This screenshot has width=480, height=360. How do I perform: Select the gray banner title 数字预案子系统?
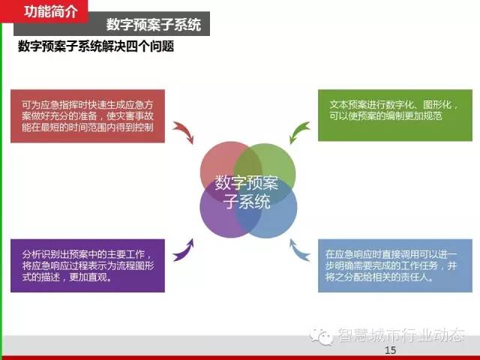coord(154,25)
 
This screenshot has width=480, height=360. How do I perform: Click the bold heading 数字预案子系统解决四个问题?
coord(96,46)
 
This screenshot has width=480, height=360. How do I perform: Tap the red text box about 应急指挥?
coord(88,116)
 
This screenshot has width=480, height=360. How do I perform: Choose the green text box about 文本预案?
coord(395,115)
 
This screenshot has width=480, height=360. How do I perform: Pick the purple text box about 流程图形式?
coord(88,265)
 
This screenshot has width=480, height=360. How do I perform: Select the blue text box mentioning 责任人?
coord(395,265)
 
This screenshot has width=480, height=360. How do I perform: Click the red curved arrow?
coord(185,130)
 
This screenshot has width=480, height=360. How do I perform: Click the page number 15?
coord(390,350)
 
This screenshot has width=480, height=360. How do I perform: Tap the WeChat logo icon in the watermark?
coord(321,335)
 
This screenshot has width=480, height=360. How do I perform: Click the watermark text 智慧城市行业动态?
coord(401,335)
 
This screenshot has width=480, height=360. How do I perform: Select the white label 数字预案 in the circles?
coord(247,183)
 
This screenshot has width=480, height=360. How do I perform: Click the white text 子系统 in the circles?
coord(247,202)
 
